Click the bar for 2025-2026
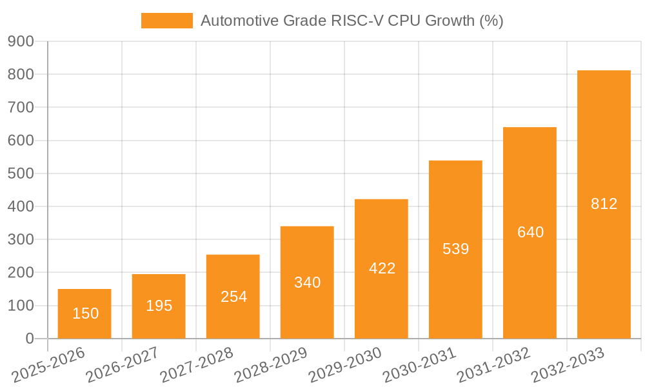(84, 313)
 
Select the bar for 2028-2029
(307, 283)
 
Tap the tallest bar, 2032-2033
(604, 204)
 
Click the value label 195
(159, 306)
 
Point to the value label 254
(233, 297)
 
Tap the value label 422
(382, 268)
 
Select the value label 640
(530, 232)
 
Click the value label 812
(604, 204)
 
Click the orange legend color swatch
(166, 21)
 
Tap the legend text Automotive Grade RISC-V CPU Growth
(352, 21)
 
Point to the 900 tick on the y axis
(21, 41)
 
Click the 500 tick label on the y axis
(21, 174)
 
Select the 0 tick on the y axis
(29, 339)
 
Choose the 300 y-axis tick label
(21, 239)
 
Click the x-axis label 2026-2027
(122, 364)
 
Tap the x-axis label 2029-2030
(344, 364)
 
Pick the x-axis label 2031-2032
(493, 364)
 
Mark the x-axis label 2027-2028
(196, 364)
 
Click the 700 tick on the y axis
(21, 107)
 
